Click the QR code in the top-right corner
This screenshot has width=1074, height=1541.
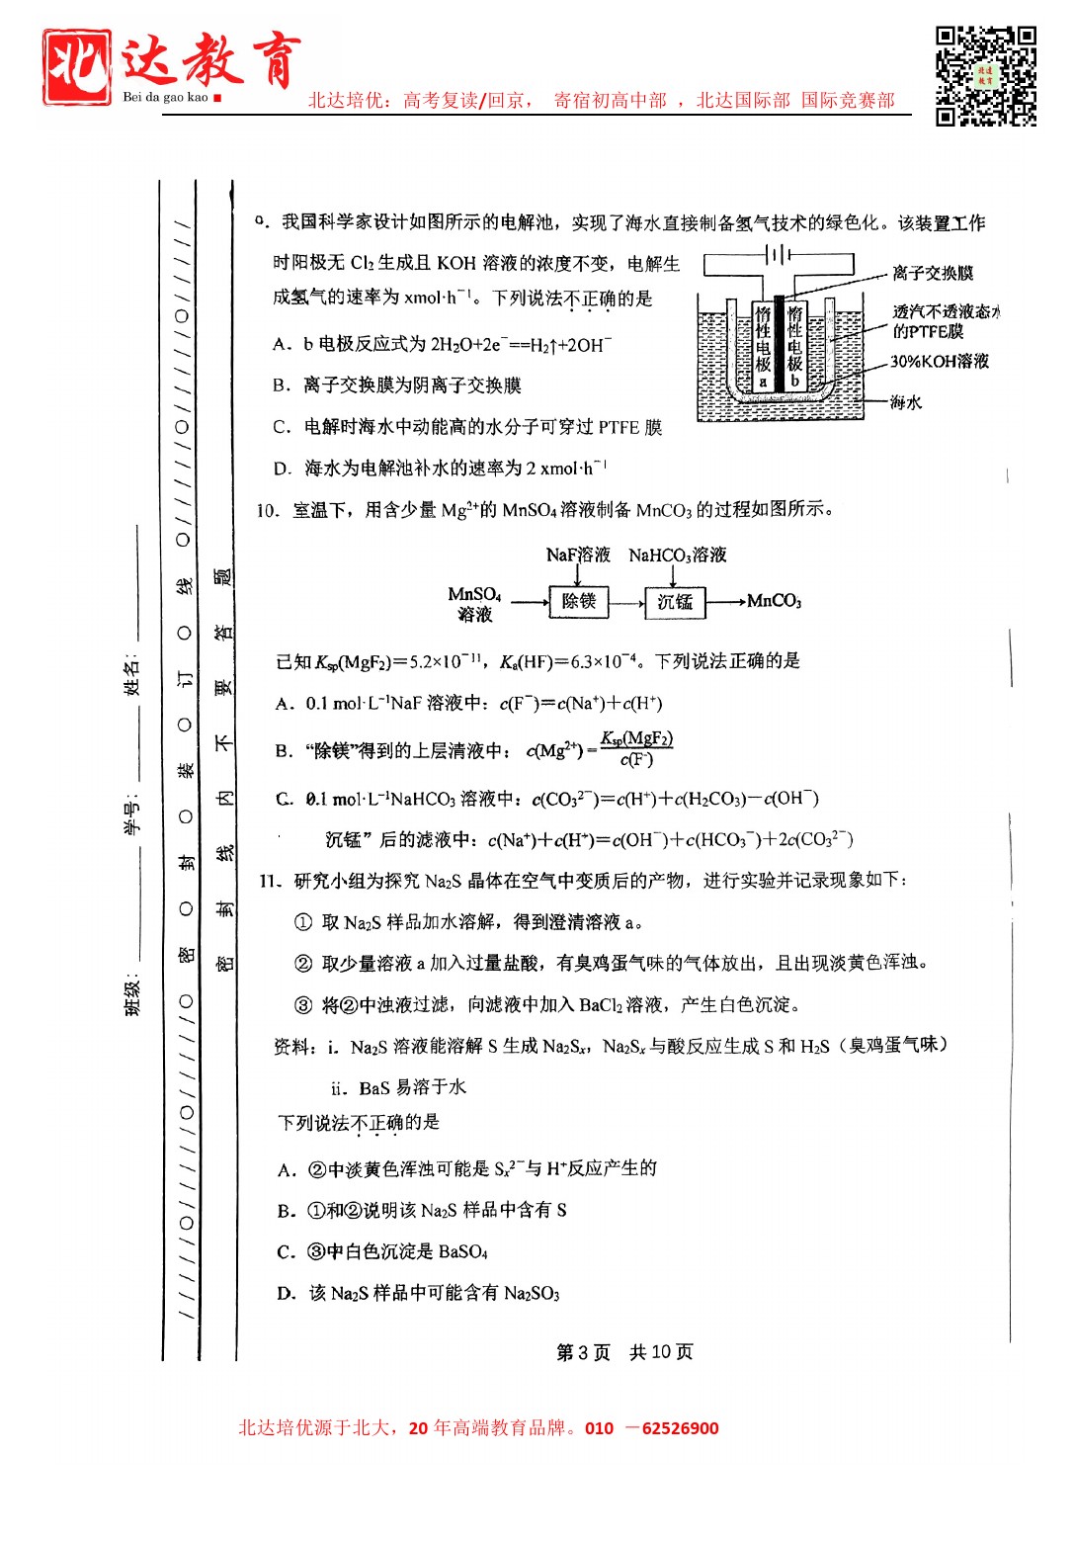click(985, 76)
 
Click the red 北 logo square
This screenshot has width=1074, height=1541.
click(76, 66)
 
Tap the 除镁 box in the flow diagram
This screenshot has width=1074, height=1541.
click(578, 601)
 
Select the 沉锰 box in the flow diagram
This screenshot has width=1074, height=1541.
click(675, 601)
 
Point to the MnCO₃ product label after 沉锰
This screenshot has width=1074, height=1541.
click(774, 601)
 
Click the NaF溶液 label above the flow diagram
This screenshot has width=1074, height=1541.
click(578, 555)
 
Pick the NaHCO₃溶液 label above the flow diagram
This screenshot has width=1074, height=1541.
click(677, 555)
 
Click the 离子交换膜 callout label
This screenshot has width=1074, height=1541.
click(932, 273)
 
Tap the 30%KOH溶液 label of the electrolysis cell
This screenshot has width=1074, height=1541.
click(939, 362)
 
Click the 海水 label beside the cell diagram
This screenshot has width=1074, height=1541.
click(905, 401)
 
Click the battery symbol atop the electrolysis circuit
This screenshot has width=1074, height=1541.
click(779, 255)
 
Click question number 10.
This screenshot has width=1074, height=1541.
click(267, 511)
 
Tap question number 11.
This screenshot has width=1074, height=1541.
click(270, 881)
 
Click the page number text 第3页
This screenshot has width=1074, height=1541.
click(583, 1351)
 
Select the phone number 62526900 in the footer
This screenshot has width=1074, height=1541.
click(680, 1428)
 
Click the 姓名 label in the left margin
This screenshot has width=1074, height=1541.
click(132, 674)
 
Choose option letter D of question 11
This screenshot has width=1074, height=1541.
click(287, 1293)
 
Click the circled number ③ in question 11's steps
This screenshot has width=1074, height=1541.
click(303, 1005)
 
